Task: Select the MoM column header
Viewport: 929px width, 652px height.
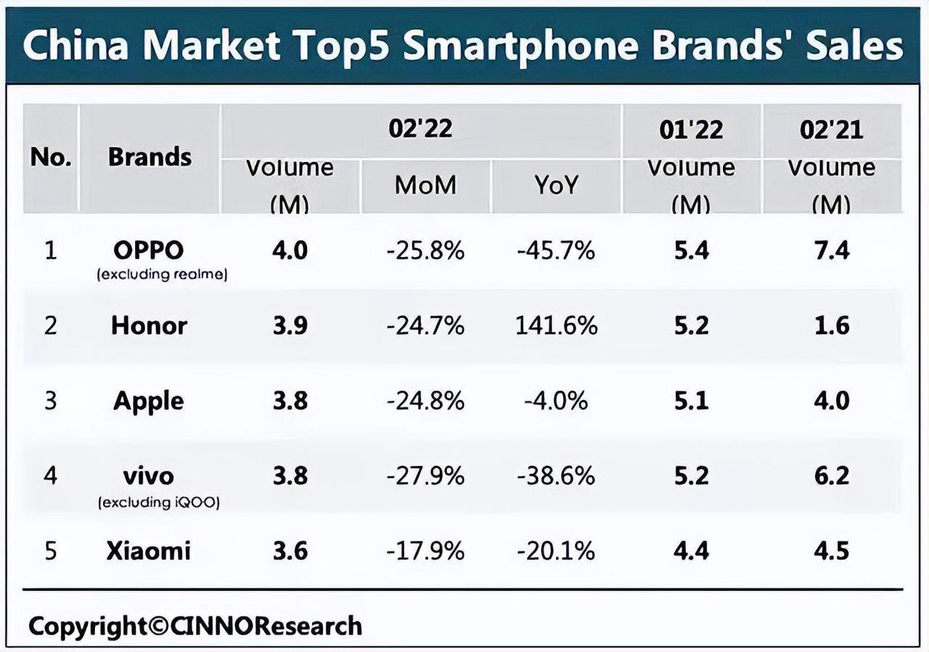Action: (425, 185)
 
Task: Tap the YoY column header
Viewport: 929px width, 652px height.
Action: (556, 185)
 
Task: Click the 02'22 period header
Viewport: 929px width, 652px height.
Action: (420, 129)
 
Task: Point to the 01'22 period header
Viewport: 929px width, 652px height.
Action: (691, 129)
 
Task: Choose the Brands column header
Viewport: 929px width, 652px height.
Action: (150, 157)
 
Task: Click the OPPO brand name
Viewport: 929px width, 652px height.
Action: (149, 250)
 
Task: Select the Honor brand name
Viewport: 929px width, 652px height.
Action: (149, 325)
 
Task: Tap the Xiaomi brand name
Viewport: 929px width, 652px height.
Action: (149, 550)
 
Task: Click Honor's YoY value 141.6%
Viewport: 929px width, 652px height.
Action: (556, 325)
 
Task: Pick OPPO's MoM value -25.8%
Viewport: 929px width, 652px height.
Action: (425, 250)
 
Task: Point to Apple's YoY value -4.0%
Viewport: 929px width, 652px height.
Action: (556, 401)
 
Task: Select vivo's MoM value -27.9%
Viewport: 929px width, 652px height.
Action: (425, 476)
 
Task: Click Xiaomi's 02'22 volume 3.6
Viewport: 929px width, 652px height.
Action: (290, 550)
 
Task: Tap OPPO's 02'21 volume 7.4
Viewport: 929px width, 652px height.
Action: (831, 250)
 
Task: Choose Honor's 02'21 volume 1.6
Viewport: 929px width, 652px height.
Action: (831, 325)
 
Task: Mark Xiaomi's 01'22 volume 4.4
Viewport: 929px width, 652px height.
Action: (691, 550)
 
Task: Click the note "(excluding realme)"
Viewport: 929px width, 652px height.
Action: (163, 275)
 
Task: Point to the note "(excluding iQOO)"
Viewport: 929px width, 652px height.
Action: (159, 502)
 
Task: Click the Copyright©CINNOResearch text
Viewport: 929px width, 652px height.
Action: (195, 626)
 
